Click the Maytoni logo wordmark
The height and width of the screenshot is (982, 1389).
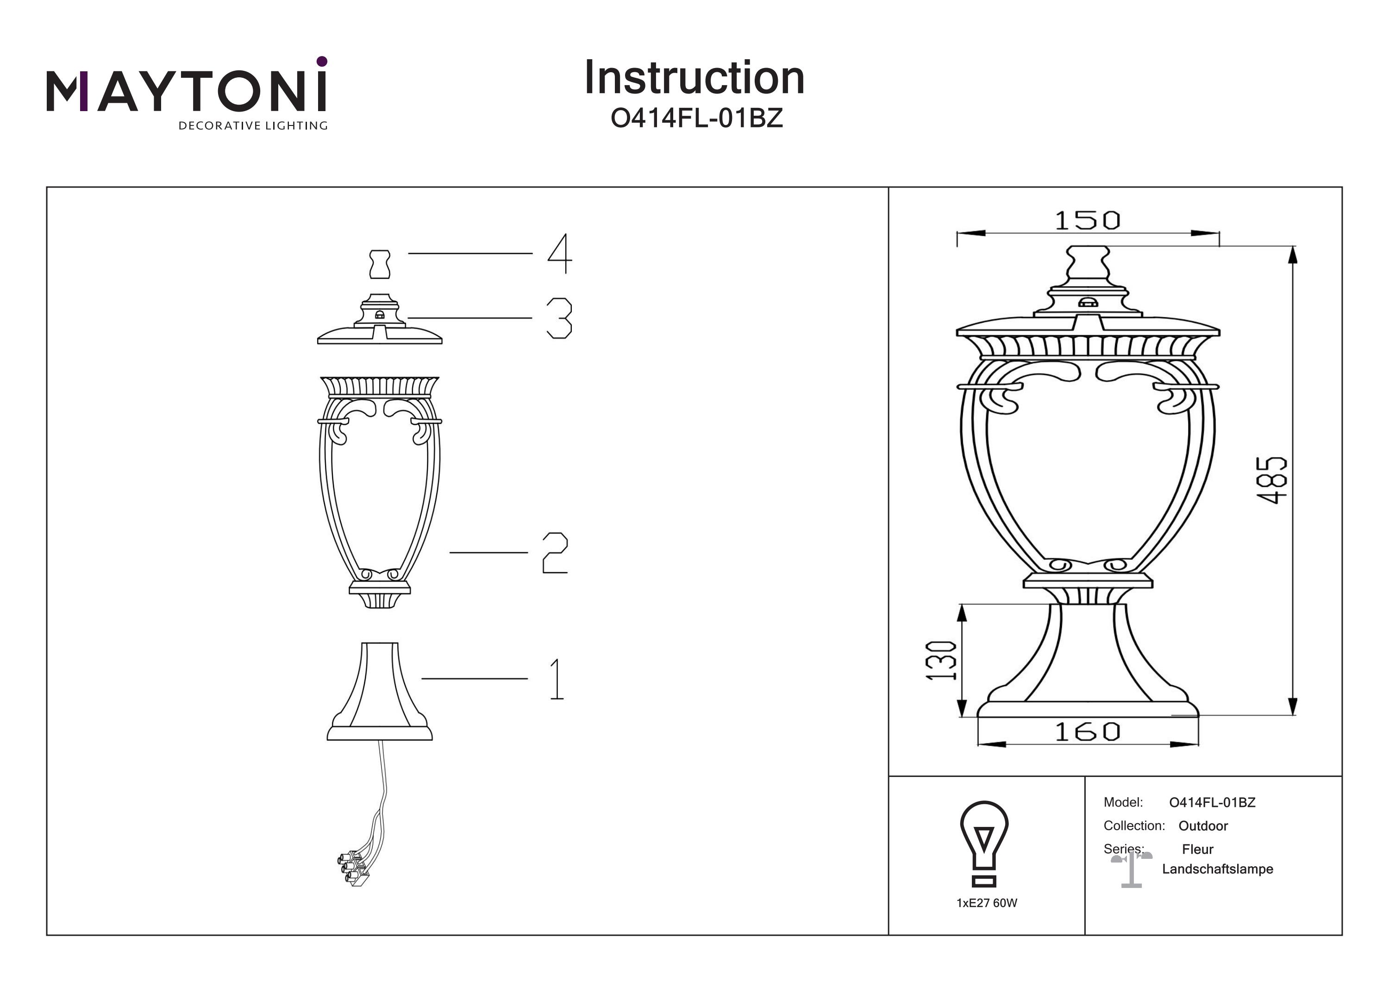coord(186,93)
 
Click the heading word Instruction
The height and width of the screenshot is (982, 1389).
coord(694,78)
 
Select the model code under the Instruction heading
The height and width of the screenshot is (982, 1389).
coord(696,118)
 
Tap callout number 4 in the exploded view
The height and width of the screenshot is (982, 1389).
coord(560,254)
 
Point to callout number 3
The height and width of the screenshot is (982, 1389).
coord(559,318)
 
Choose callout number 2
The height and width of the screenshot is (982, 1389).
coord(555,552)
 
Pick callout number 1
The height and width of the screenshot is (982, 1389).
coord(557,679)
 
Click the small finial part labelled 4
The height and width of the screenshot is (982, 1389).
coord(379,264)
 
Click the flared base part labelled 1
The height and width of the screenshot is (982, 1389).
coord(379,693)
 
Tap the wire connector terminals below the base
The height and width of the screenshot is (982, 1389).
coord(354,870)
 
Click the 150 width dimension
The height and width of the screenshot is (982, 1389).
coord(1087,221)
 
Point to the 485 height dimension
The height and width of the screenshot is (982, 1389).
coord(1271,480)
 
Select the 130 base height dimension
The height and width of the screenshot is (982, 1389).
coord(941,660)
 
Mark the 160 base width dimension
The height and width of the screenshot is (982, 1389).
coord(1087,732)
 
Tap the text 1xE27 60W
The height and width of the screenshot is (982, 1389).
coord(987,903)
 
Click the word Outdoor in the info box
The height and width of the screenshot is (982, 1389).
coord(1203,826)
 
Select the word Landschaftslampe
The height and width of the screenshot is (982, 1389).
coord(1217,869)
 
